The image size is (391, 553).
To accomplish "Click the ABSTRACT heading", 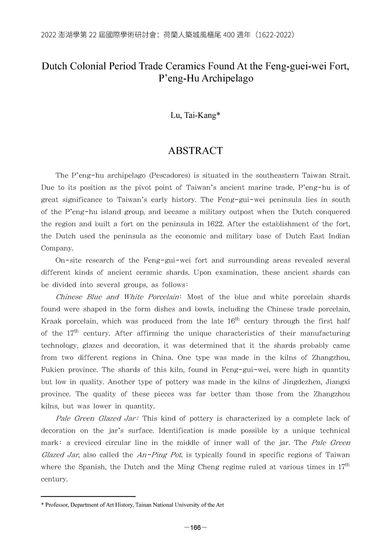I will pos(195,151).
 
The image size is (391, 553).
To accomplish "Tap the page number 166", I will pos(195,527).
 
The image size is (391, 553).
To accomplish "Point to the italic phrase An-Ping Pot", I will pos(159,455).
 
